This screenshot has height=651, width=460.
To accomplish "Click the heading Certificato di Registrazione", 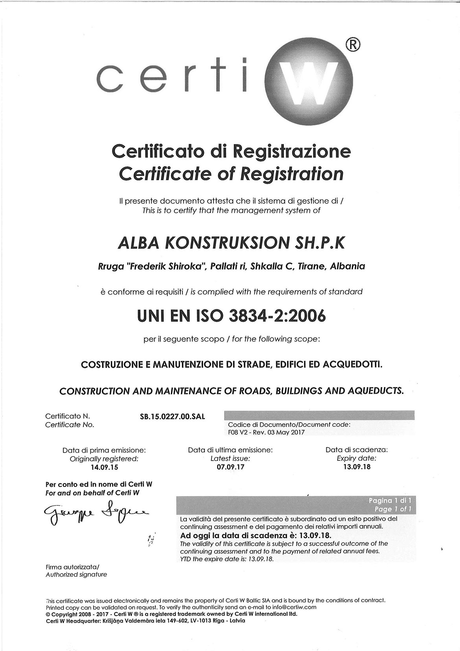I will point(231,151).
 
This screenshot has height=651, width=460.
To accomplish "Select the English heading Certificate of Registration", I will point(231,173).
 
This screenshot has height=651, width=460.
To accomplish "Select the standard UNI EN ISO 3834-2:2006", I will point(231,316).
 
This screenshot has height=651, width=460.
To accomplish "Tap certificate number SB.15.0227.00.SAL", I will point(170,416).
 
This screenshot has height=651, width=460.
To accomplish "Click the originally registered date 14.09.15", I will point(104,468).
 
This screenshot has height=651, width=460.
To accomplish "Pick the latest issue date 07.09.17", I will point(230,468).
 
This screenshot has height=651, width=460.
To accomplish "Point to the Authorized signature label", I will point(76,574).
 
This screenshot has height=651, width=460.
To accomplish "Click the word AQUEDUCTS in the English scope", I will point(375,391).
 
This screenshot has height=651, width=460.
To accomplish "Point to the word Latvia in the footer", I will point(236,620).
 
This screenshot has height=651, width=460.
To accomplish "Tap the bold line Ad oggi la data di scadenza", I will point(256,536).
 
